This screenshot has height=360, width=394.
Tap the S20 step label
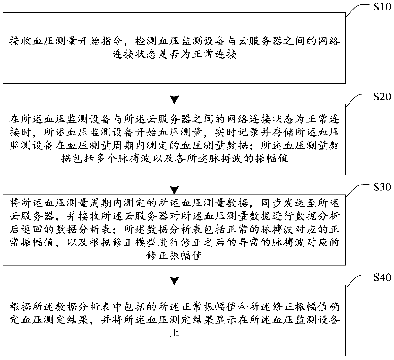tap(382, 97)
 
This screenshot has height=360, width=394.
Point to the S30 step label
tap(382, 187)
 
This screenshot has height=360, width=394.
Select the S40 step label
tap(382, 277)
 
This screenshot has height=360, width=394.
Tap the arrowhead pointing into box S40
tap(174, 281)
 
